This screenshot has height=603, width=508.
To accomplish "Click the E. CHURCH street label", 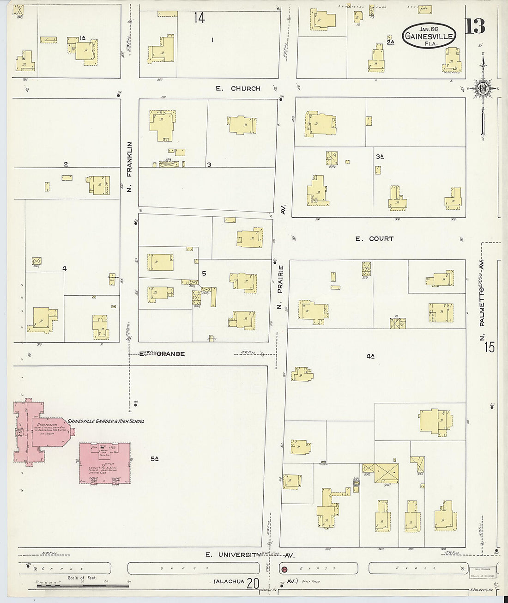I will [238, 88].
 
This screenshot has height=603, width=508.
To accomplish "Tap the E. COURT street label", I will [374, 238].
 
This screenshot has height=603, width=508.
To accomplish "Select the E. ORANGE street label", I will [163, 354].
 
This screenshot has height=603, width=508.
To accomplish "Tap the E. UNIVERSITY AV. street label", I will [249, 554].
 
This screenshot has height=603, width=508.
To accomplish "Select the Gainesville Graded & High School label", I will [106, 421].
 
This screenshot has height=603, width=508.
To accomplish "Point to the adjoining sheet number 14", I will [199, 18].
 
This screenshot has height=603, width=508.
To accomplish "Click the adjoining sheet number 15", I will [489, 347].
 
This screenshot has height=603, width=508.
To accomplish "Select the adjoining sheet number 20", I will [253, 584].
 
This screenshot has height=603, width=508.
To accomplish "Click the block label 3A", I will [380, 157].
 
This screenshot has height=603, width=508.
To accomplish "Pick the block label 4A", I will [370, 356].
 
